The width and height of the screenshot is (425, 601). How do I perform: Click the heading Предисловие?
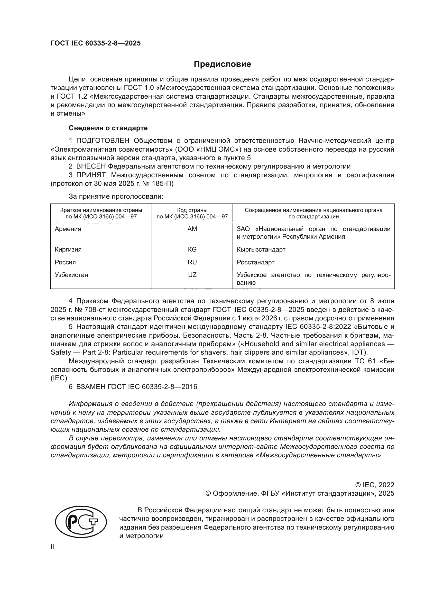[222, 64]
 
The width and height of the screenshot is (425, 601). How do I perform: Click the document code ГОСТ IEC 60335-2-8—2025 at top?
[96, 43]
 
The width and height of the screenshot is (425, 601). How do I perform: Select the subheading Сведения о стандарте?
[108, 128]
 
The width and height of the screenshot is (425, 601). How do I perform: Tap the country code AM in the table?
[192, 229]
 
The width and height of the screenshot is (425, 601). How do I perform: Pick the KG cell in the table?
[192, 249]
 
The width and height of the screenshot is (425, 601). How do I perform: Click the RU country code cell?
[192, 262]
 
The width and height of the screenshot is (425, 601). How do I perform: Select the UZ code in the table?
[192, 275]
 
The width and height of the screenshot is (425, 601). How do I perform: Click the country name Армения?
[68, 229]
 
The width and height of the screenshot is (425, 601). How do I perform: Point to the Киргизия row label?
[68, 249]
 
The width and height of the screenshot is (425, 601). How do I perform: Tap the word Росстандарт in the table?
[255, 262]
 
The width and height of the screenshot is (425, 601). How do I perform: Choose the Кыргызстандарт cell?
[261, 249]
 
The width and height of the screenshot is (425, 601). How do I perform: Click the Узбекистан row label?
[71, 275]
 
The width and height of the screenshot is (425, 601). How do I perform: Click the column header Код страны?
[192, 210]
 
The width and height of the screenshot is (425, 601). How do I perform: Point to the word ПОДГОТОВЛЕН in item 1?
[103, 141]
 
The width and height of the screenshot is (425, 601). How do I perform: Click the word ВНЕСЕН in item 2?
[91, 166]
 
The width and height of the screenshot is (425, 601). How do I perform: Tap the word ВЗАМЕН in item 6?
[91, 387]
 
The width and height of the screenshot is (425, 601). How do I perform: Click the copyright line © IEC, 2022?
[374, 485]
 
